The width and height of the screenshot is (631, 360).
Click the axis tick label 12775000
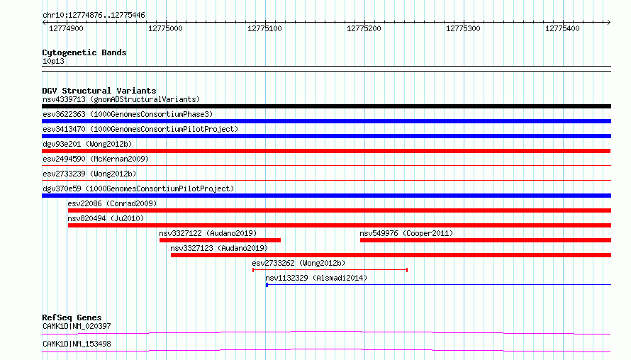coord(165,28)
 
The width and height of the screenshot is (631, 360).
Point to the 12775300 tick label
coord(463,28)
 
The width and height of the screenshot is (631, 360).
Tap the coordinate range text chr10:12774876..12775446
coord(94,16)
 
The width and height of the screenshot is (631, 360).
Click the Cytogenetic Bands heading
coord(84,52)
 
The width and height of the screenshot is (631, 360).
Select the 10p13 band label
coord(53,61)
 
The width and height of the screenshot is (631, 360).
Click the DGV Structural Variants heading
coord(99,91)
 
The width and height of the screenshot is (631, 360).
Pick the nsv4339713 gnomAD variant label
coord(121,99)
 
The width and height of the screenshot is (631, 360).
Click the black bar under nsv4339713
coord(326,106)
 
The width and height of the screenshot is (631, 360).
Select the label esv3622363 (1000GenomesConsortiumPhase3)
coord(128,114)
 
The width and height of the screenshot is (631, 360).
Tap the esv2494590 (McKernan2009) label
coord(96,159)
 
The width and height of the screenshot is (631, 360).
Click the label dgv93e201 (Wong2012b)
coord(87,144)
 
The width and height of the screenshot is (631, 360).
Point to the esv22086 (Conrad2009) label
coord(112,203)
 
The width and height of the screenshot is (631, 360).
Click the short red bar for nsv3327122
coord(220,240)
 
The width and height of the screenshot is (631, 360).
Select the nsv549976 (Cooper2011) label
coord(406,233)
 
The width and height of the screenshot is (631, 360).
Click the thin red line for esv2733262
coord(330,270)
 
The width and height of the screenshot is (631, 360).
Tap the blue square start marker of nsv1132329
coord(267,285)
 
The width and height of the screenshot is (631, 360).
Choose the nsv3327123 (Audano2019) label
coord(219,248)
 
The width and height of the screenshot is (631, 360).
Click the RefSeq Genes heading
coord(72,317)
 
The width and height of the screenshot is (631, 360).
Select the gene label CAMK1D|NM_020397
coord(77,326)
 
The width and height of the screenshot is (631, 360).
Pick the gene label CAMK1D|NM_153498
coord(77,344)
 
